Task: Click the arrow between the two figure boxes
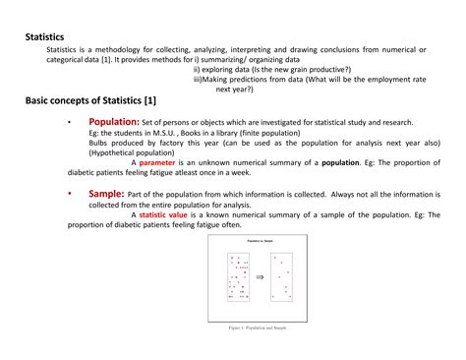[x=260, y=277]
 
